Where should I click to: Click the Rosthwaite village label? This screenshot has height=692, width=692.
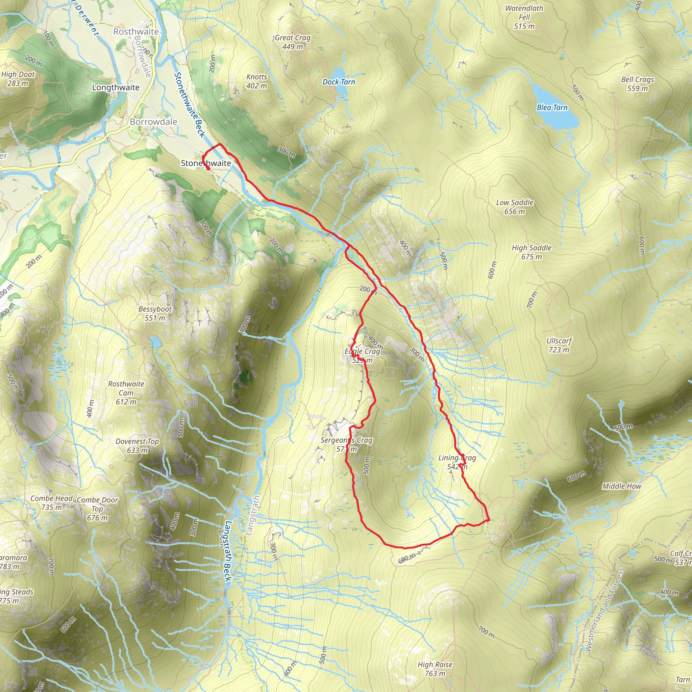(x=136, y=31)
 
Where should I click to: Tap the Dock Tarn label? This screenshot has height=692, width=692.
(x=339, y=82)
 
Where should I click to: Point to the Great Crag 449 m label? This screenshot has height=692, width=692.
(x=292, y=42)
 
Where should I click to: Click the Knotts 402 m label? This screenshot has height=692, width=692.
(x=256, y=81)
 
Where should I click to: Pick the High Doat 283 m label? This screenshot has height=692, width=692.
(x=18, y=79)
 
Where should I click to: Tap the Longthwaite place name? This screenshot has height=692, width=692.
(x=116, y=88)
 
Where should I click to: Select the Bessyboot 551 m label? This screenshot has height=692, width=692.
(x=155, y=314)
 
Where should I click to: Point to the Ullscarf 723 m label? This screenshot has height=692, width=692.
(x=559, y=345)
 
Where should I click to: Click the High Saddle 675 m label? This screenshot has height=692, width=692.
(x=531, y=252)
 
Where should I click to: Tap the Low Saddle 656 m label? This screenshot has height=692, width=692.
(x=514, y=207)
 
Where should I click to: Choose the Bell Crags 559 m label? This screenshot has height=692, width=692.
(x=637, y=84)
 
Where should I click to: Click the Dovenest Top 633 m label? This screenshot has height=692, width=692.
(x=137, y=446)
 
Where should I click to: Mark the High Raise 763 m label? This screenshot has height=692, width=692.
(x=435, y=669)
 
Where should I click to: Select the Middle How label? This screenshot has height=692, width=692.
(x=621, y=486)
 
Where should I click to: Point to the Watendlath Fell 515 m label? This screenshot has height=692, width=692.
(x=524, y=17)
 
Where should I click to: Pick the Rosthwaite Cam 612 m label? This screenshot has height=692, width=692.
(x=126, y=393)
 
